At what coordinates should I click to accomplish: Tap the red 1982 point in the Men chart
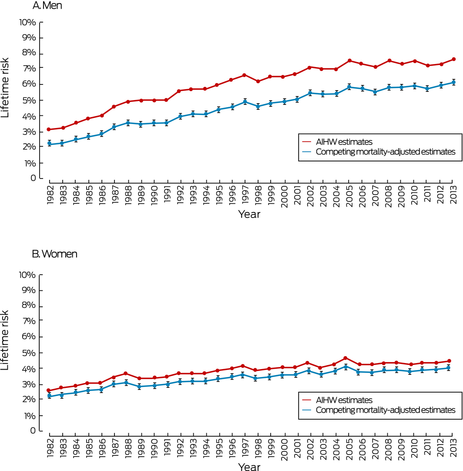coord(49,129)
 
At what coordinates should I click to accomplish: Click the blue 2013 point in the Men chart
coord(453,82)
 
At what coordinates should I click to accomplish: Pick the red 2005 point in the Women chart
coord(345,358)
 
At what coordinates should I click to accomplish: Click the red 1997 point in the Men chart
coord(245,75)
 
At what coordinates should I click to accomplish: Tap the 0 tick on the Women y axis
coord(33,431)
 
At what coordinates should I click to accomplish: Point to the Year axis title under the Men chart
coord(249,214)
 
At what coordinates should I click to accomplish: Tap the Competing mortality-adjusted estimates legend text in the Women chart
coord(386,410)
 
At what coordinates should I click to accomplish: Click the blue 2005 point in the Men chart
coord(349,87)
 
